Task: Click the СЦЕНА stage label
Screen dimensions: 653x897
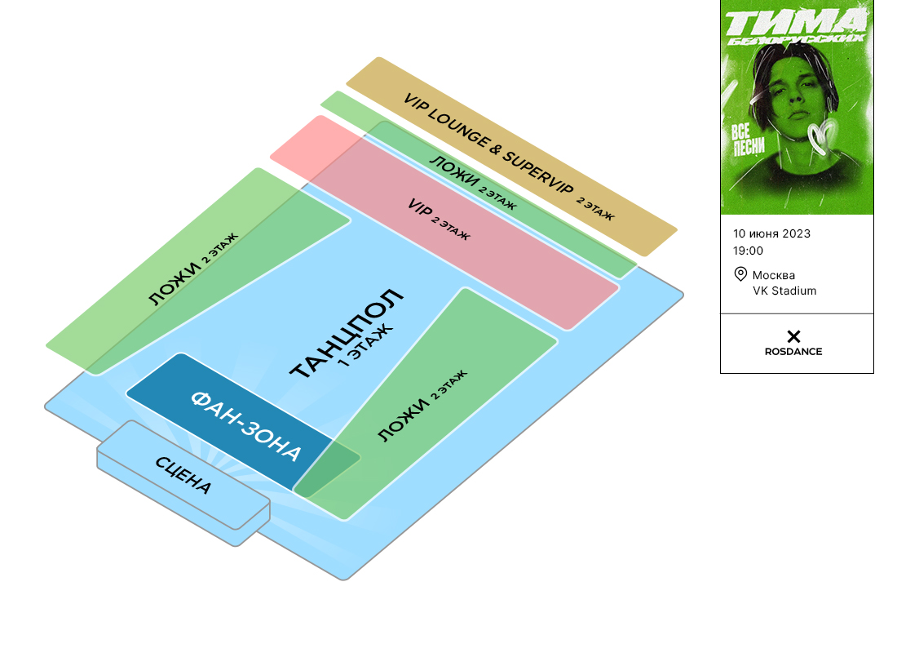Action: click(183, 475)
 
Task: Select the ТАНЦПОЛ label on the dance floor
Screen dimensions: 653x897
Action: click(346, 334)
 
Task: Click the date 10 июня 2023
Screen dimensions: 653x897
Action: click(772, 233)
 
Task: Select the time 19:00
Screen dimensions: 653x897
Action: click(749, 251)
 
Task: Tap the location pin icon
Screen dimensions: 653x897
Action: click(740, 274)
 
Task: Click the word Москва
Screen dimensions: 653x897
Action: click(774, 274)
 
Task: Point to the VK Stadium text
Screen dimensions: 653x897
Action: click(784, 291)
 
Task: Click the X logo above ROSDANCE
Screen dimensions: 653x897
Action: click(793, 336)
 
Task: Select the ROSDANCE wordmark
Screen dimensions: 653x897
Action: click(793, 352)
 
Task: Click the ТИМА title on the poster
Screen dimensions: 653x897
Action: click(795, 20)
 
